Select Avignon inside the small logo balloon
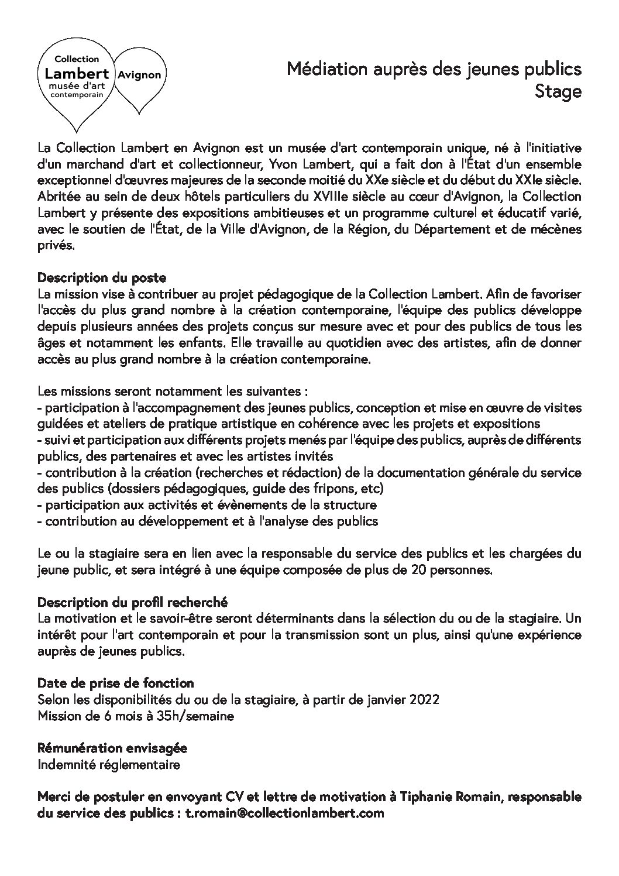point(139,75)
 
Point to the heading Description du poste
point(101,277)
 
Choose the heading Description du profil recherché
point(132,602)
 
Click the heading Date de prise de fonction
point(115,683)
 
